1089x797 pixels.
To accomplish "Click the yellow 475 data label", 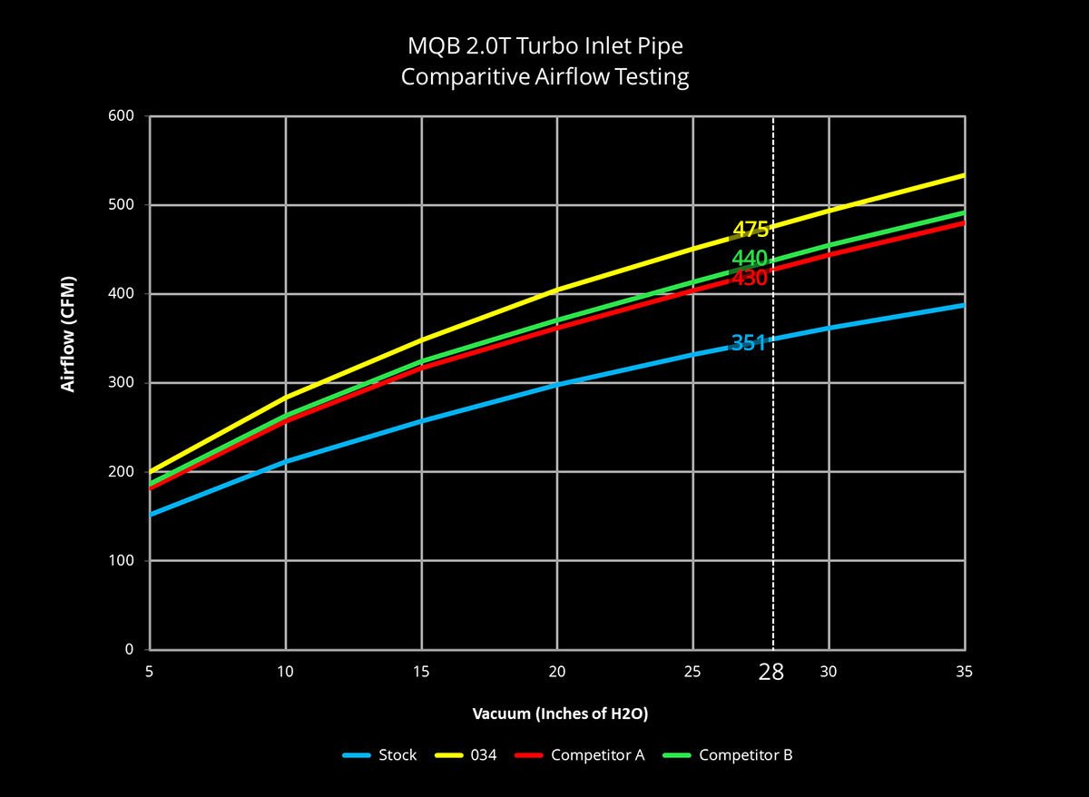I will click(x=750, y=230).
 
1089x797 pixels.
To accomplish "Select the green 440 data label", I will click(x=750, y=259).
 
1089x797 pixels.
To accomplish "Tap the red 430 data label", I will click(x=750, y=279).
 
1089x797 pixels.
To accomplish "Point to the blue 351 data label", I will click(x=748, y=343).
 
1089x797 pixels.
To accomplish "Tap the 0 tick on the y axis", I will click(x=129, y=650).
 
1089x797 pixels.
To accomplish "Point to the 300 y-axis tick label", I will click(x=123, y=383).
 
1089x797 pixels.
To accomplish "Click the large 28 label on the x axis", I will click(x=771, y=673).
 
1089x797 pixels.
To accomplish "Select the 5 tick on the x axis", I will click(x=150, y=672).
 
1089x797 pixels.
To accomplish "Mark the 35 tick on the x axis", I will click(x=964, y=672).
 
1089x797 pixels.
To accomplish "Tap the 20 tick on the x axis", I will click(x=557, y=672).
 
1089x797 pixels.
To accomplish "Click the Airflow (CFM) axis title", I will click(x=68, y=335).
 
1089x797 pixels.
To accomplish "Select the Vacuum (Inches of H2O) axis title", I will click(x=560, y=713).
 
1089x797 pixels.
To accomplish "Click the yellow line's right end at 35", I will click(x=963, y=175).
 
